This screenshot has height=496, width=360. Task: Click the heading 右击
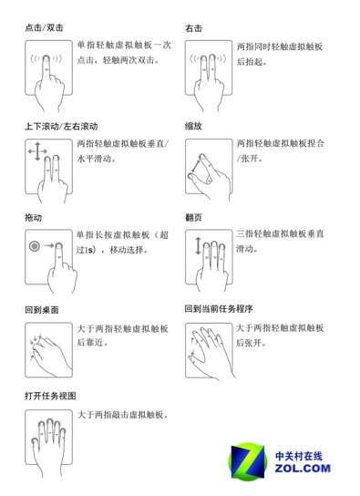[x=193, y=27]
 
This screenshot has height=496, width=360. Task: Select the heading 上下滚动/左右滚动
[x=61, y=125]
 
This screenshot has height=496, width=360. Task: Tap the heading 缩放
[x=193, y=125]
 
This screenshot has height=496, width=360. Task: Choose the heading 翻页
[x=193, y=218]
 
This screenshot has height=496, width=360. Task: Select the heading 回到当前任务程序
[x=218, y=309]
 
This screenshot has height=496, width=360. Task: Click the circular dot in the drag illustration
[x=35, y=245]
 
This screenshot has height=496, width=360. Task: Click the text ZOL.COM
[x=301, y=469]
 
